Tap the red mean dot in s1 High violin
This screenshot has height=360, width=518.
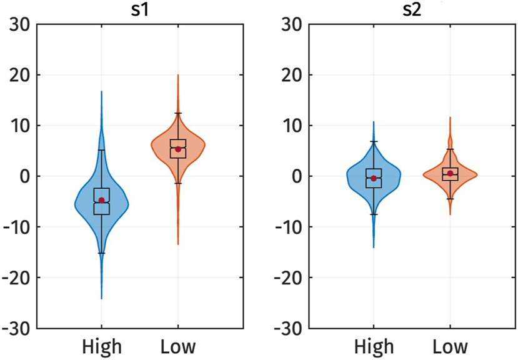pos(101,200)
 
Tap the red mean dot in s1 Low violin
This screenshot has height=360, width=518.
pos(178,149)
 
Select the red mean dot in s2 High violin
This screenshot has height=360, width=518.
pos(374,178)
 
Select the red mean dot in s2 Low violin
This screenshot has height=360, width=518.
pos(450,173)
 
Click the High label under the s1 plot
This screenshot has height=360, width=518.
pos(102,346)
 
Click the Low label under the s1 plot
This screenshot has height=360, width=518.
pos(178,346)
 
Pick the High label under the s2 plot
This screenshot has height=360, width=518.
pos(374,346)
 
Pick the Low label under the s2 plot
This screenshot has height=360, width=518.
pos(450,346)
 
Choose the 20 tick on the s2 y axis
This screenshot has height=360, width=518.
pos(292,75)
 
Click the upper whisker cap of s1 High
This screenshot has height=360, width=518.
pos(101,150)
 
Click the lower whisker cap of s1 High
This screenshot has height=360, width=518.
pos(101,253)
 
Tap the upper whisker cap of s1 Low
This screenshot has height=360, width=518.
pos(178,113)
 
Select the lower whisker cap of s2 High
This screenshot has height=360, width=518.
pos(374,214)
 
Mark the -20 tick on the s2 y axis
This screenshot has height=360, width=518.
pos(289,277)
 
